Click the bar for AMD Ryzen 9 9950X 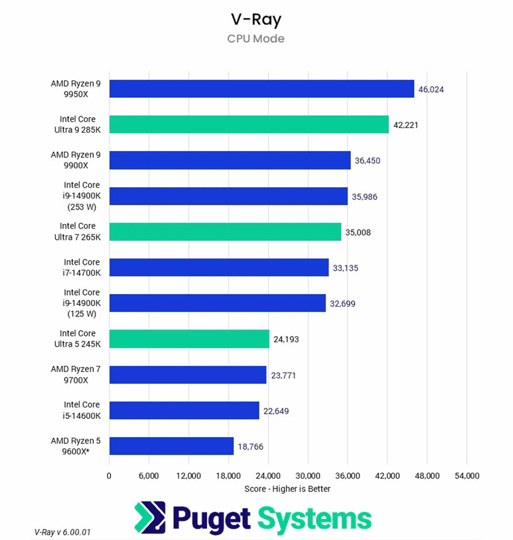coord(262,89)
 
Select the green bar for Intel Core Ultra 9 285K coord(249,124)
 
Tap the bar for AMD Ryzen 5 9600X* coord(171,446)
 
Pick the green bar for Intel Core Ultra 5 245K coord(189,339)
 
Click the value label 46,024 coord(431,89)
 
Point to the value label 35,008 coord(358,232)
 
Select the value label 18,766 coord(251,446)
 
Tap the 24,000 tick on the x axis coord(268,476)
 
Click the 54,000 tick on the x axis coord(467,476)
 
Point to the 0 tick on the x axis coord(109,476)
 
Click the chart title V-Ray coord(256,20)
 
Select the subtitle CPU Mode coord(256,39)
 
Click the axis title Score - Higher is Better coord(287,489)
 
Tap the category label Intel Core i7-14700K coord(82,267)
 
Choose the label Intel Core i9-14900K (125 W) coord(82,303)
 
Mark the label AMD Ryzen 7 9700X coord(76,374)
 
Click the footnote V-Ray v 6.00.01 coord(62,532)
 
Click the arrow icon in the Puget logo coord(150,517)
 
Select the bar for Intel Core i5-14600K coord(184,410)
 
